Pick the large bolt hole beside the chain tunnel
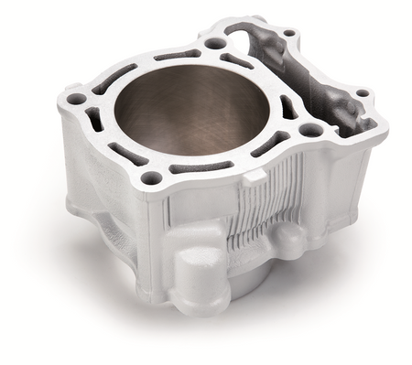311,130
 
